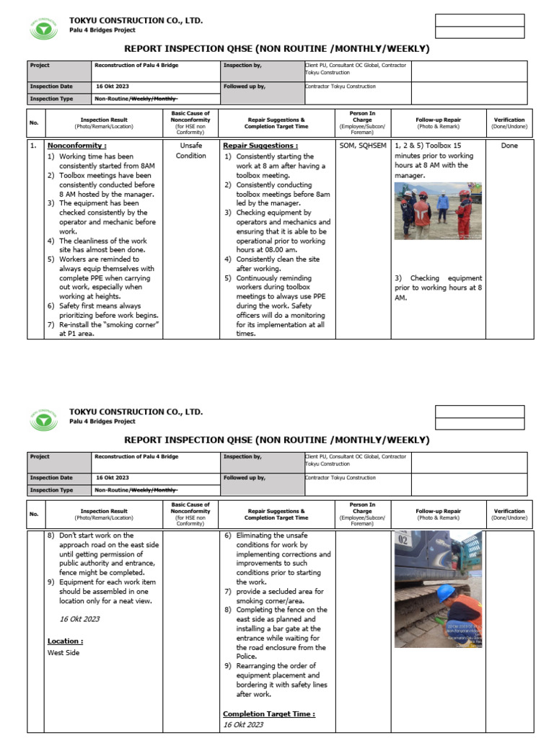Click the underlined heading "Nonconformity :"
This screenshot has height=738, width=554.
(76, 146)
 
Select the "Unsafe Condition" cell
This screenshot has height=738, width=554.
(190, 150)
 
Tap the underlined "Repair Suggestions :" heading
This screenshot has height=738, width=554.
(260, 146)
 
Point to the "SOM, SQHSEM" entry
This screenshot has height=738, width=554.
(363, 146)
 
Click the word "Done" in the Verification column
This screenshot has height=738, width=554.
(509, 146)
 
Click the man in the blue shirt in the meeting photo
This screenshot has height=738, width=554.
(442, 205)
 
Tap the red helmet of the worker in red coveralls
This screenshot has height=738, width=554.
(464, 193)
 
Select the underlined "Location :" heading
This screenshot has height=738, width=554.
(65, 641)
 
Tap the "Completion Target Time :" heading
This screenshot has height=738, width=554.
(268, 713)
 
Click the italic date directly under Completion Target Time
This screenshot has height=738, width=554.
(243, 724)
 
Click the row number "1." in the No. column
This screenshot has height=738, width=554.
(33, 146)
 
